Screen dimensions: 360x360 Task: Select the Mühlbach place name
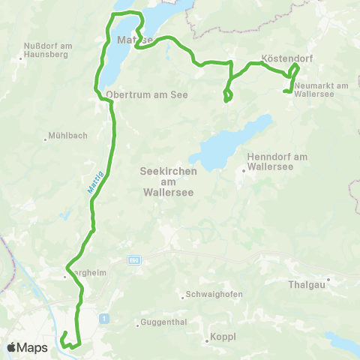67,136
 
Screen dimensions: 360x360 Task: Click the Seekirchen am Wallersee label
169,181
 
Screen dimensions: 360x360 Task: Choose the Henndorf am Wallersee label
277,161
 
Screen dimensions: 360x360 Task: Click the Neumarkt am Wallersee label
322,91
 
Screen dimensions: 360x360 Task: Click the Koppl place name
223,337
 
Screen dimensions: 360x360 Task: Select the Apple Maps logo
27,348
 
